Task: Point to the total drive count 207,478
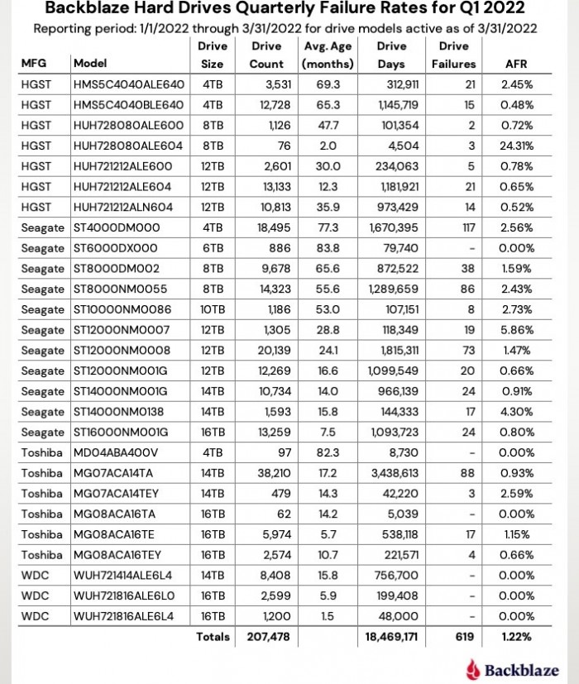tap(266, 637)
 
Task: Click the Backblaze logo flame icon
tap(474, 668)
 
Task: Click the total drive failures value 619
tap(465, 637)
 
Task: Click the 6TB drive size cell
tap(213, 247)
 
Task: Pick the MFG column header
tap(35, 64)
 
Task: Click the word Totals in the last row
tap(213, 637)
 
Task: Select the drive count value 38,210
tap(267, 472)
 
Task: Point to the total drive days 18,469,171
tap(393, 637)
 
